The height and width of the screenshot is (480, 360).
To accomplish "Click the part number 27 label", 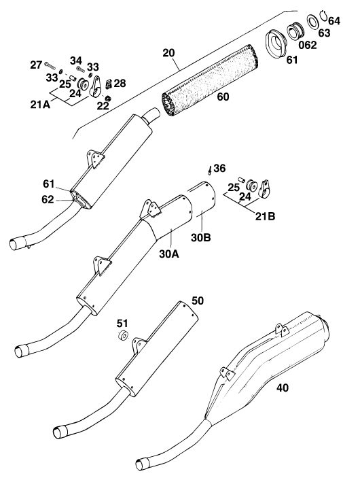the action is [36, 65].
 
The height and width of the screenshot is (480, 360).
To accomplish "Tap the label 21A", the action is [40, 105].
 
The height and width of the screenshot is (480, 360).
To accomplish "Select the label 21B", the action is [265, 216].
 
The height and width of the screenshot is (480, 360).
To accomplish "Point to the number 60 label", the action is [223, 97].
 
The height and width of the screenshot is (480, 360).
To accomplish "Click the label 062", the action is [308, 46].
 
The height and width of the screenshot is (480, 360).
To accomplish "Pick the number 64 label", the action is [334, 21].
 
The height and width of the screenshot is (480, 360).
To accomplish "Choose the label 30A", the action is [169, 254].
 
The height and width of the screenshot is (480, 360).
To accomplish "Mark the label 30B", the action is [201, 237].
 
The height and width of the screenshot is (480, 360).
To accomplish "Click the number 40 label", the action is [283, 388].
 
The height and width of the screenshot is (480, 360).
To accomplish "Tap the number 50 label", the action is [197, 301].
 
